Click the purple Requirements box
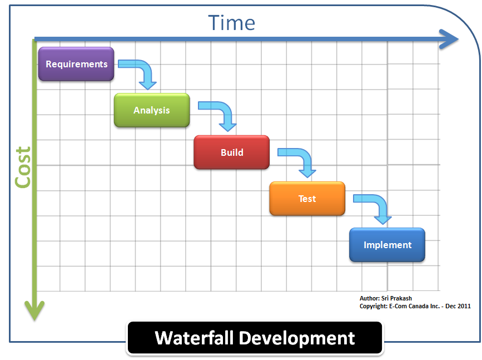click(x=76, y=64)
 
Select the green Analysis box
click(x=152, y=110)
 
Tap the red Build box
click(x=231, y=152)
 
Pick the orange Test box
click(x=307, y=199)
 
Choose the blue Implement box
click(x=387, y=245)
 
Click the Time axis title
click(x=232, y=23)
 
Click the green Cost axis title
click(x=22, y=167)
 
